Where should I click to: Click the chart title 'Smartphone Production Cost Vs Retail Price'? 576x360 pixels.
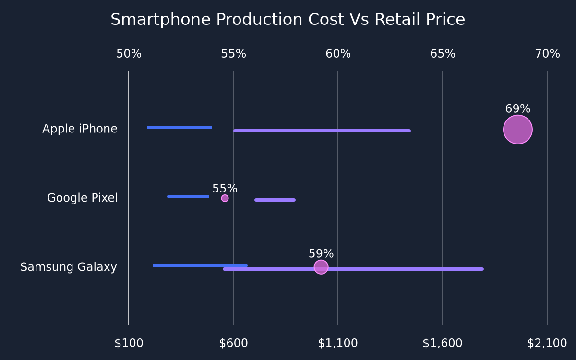pyautogui.click(x=288, y=20)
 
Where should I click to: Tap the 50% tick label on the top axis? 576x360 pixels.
pyautogui.click(x=129, y=54)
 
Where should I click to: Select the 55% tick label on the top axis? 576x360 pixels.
pyautogui.click(x=233, y=54)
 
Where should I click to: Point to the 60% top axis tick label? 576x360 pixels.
pyautogui.click(x=338, y=54)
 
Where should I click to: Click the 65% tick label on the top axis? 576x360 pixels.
pyautogui.click(x=443, y=54)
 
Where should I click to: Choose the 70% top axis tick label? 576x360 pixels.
pyautogui.click(x=548, y=54)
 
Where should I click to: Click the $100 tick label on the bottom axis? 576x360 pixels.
pyautogui.click(x=129, y=343)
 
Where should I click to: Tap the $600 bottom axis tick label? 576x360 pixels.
pyautogui.click(x=233, y=343)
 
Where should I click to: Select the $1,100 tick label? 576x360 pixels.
pyautogui.click(x=338, y=343)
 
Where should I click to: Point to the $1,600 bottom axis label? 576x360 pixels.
pyautogui.click(x=443, y=343)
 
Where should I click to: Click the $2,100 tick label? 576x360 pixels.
pyautogui.click(x=547, y=343)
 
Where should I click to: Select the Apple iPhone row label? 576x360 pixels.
pyautogui.click(x=80, y=129)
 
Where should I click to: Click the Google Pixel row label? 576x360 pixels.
pyautogui.click(x=82, y=198)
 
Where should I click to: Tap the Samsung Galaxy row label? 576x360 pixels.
pyautogui.click(x=69, y=267)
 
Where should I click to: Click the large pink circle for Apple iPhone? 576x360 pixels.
pyautogui.click(x=518, y=130)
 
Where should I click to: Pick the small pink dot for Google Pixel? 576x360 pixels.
pyautogui.click(x=225, y=198)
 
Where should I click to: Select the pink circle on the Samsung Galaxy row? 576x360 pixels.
pyautogui.click(x=321, y=267)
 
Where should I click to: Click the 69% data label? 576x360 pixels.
pyautogui.click(x=518, y=109)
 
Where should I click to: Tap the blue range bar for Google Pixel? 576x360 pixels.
pyautogui.click(x=188, y=197)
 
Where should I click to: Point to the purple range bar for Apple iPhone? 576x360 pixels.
pyautogui.click(x=322, y=131)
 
